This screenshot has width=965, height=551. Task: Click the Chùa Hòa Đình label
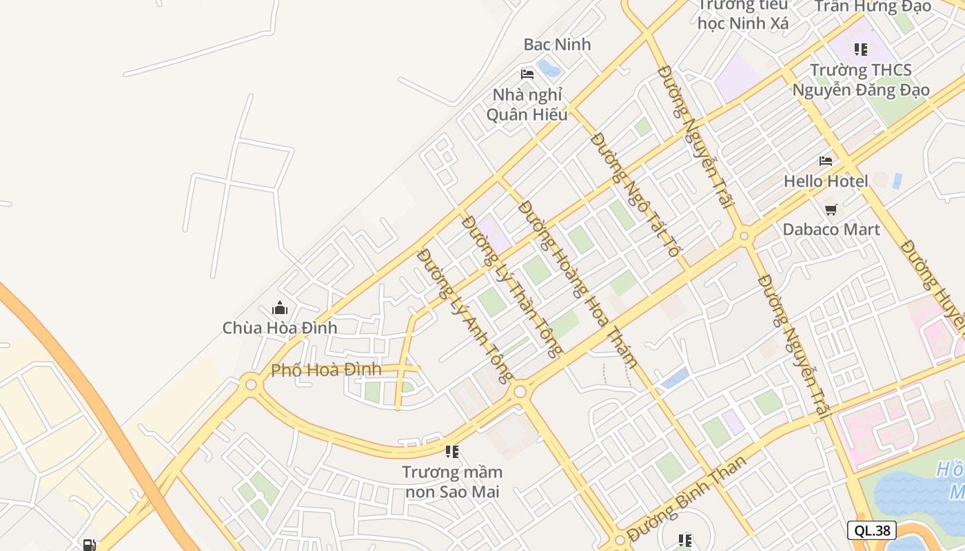pos(280,328)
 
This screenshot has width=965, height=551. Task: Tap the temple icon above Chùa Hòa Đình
pos(280,308)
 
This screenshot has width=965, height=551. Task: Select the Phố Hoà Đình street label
pos(326,370)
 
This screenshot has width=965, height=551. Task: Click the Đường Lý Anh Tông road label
pos(465,315)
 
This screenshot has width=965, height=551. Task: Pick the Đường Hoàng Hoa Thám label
pos(577,284)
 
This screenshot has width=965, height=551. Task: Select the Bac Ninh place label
pos(557,45)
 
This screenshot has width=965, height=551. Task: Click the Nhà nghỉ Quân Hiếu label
pos(527,105)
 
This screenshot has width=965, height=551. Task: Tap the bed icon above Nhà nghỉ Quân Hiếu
pos(527,74)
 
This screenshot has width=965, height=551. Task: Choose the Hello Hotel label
pos(826,181)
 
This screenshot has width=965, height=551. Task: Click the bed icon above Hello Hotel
pos(826,161)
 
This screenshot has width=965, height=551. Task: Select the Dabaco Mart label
pos(831,229)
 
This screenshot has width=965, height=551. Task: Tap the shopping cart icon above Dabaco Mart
pos(831,209)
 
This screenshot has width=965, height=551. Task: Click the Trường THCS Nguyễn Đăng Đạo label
pos(861,80)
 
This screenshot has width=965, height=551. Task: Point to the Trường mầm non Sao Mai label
pos(452,482)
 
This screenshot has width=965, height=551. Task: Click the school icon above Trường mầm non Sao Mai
pos(452,452)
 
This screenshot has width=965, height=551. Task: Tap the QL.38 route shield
pos(872,530)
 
